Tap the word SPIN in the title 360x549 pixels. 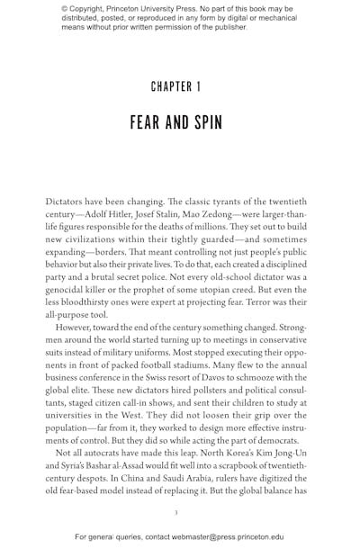201,121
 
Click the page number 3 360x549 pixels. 175,513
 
